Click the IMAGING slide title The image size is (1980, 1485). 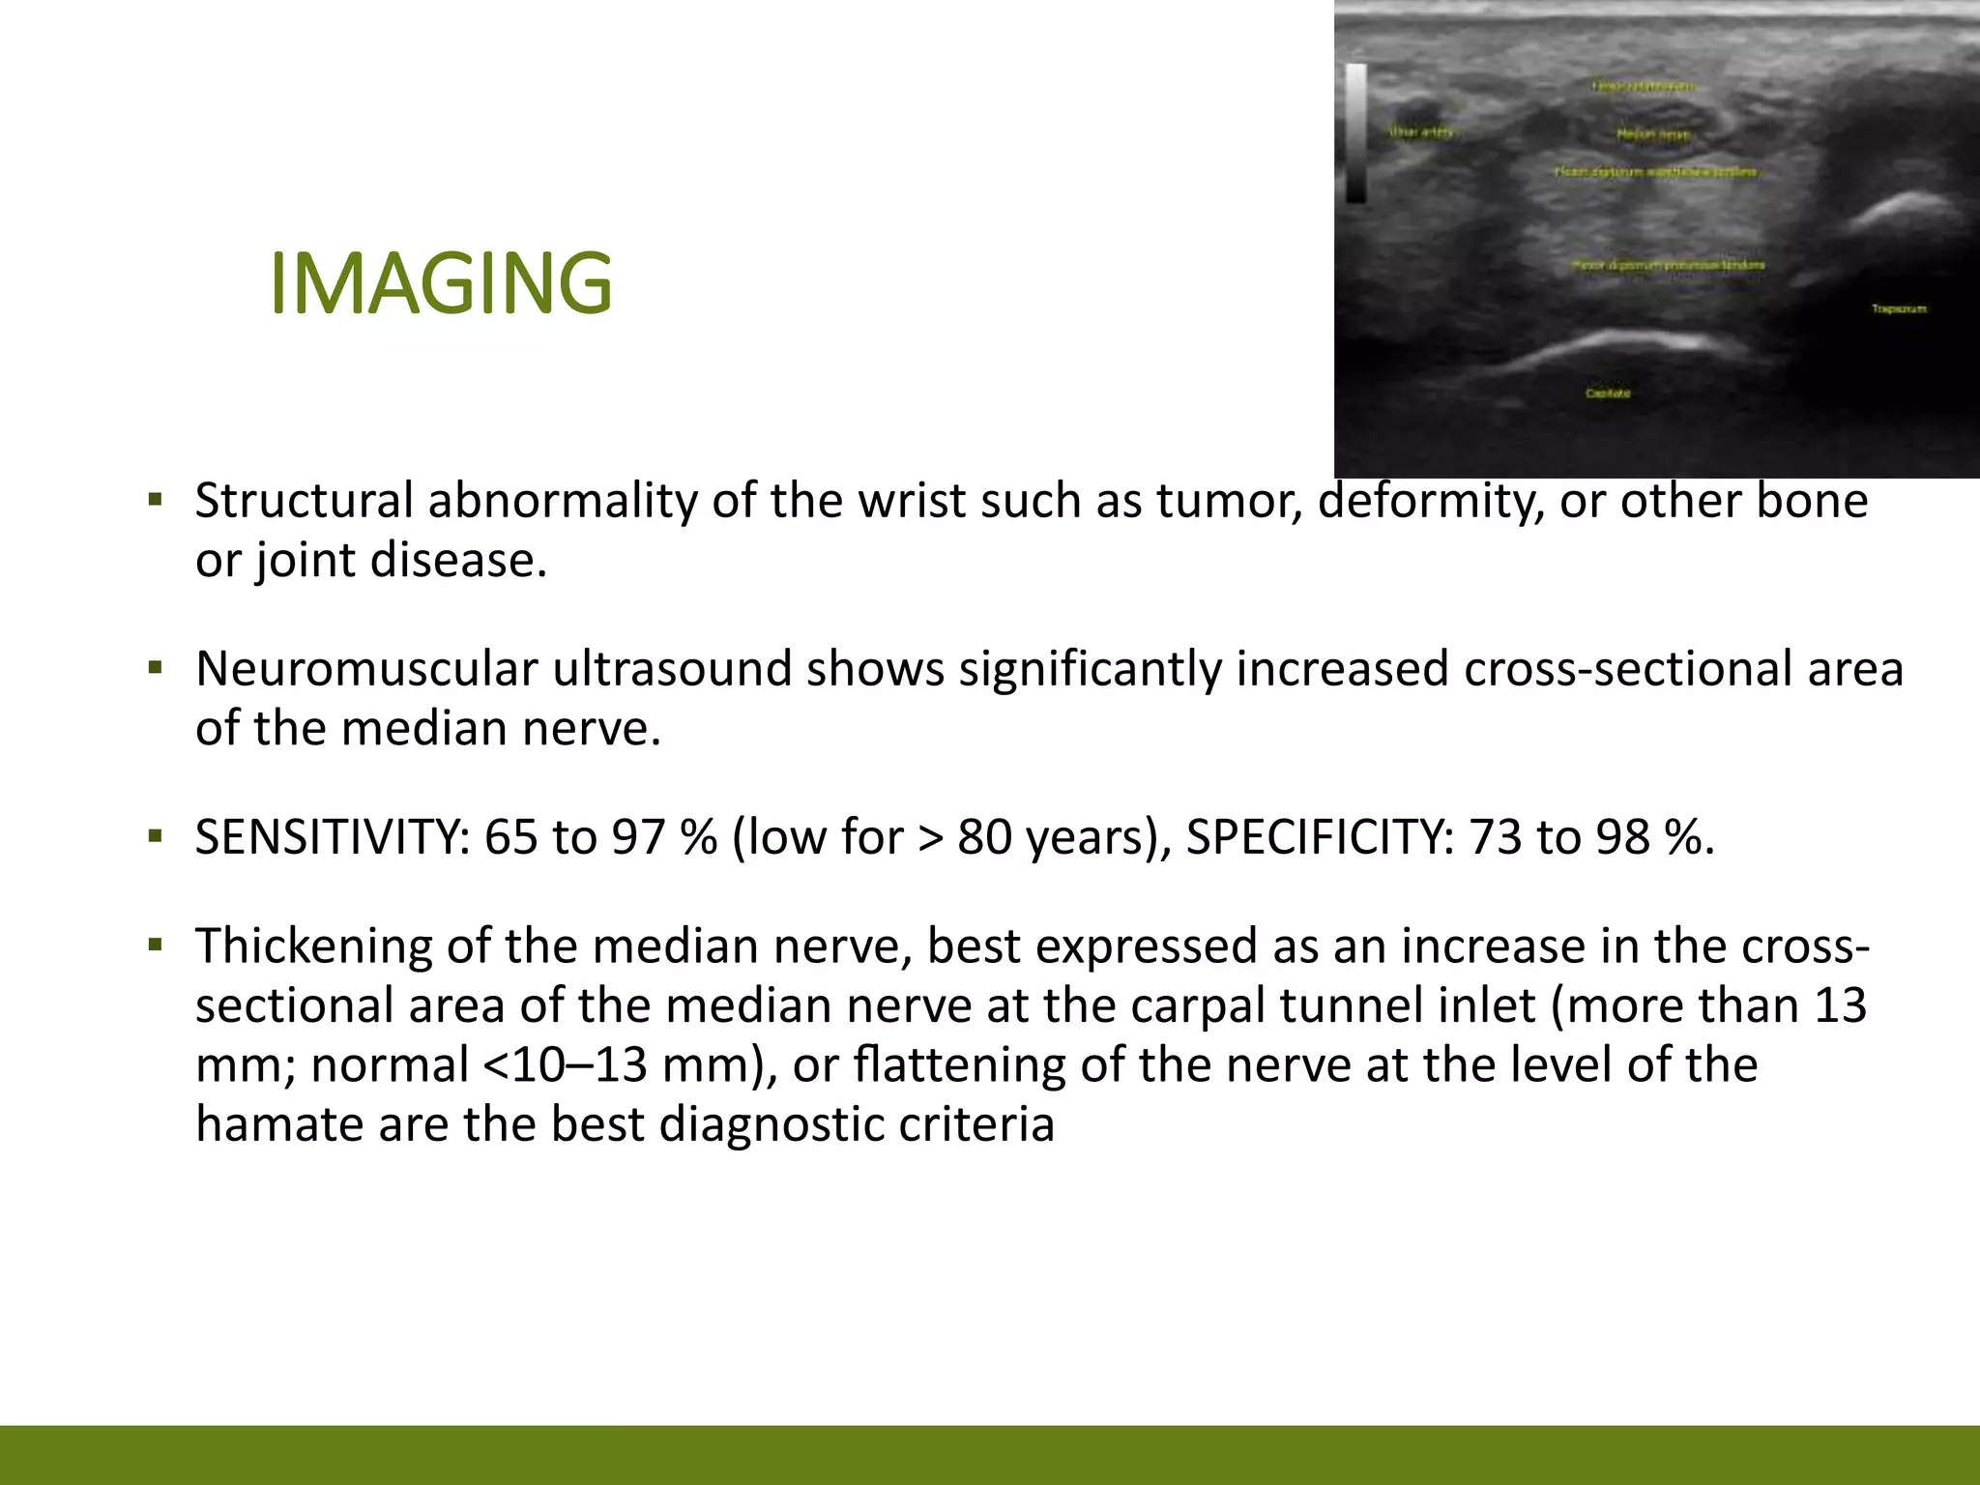click(441, 283)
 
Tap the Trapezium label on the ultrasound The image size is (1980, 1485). click(1899, 308)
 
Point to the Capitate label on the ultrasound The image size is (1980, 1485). click(1608, 393)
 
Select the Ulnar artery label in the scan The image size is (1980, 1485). click(1421, 132)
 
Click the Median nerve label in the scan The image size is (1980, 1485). click(1653, 134)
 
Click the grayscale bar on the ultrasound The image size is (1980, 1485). click(1355, 132)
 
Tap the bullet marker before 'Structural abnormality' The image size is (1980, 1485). click(156, 501)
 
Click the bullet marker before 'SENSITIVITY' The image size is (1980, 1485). click(156, 836)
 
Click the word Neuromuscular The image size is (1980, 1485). click(366, 669)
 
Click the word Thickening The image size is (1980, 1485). click(313, 946)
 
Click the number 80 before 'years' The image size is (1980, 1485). click(984, 836)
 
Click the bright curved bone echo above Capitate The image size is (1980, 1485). click(1634, 343)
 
